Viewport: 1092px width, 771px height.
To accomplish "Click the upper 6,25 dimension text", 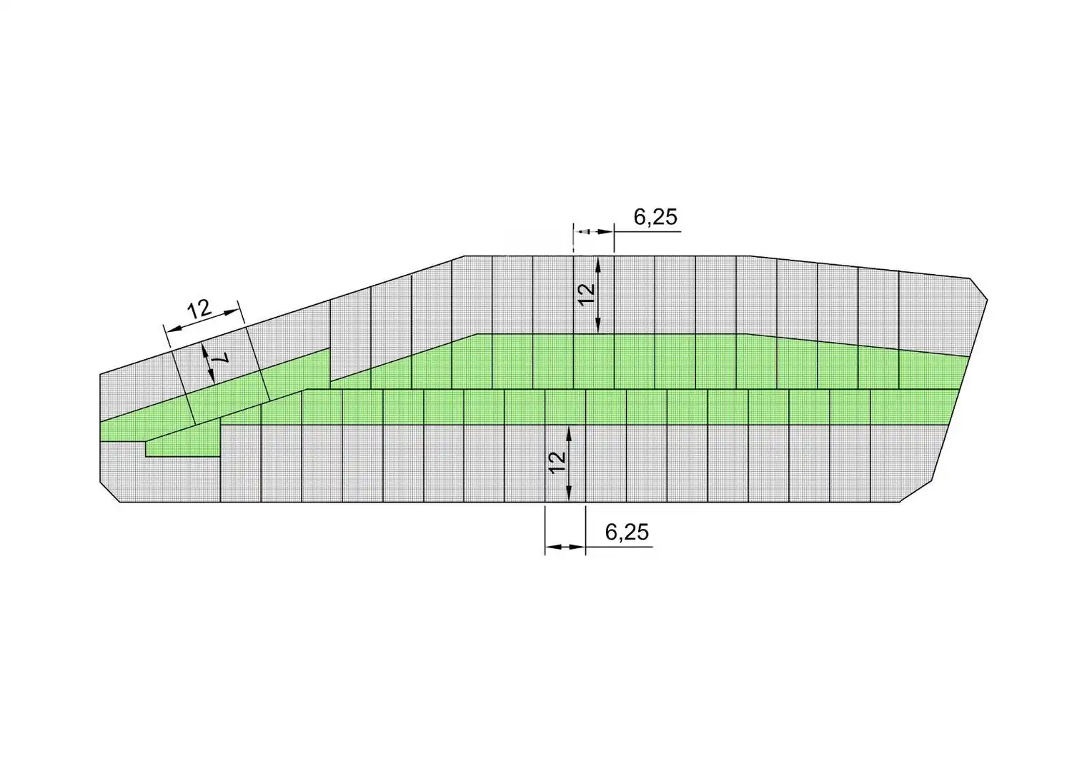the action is [x=655, y=217].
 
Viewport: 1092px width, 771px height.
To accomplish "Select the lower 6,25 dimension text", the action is [x=627, y=533].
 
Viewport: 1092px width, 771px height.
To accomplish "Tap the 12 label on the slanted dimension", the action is [x=199, y=309].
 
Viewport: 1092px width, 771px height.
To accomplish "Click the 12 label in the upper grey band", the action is [x=587, y=295].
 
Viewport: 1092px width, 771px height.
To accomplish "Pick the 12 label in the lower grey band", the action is [x=557, y=463].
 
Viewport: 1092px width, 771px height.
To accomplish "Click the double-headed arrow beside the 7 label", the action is [x=208, y=363].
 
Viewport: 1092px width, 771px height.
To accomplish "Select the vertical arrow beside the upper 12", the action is [x=598, y=295].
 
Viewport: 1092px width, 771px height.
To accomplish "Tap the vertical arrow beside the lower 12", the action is [x=568, y=463].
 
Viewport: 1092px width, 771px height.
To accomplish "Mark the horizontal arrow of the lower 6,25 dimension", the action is [x=565, y=548].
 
